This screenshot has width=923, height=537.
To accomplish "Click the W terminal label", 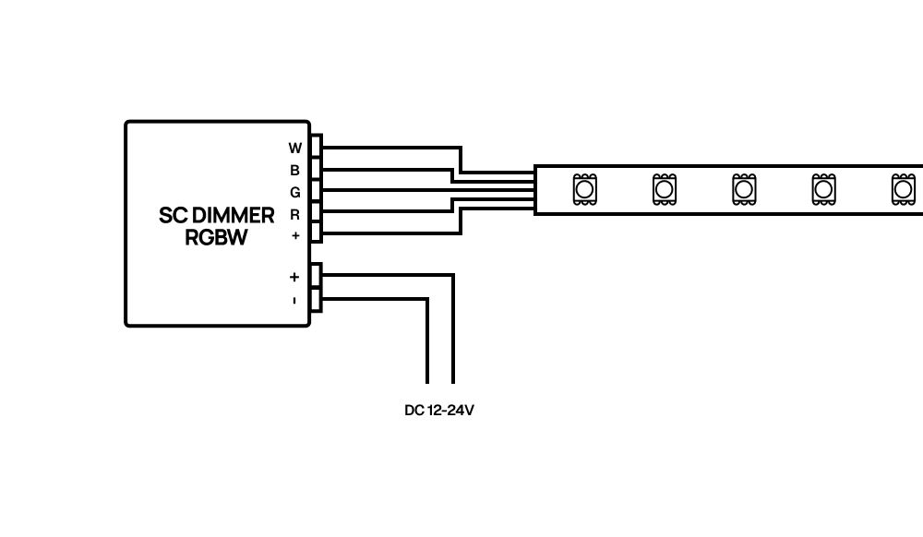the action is point(295,149).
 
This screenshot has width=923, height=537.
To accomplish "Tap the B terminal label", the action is point(295,171).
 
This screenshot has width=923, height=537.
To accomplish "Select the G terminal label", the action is point(295,192).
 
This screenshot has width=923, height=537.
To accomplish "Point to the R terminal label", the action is point(295,215).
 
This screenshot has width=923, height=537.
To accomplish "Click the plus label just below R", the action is point(295,236).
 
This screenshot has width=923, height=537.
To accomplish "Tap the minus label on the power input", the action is point(294,301).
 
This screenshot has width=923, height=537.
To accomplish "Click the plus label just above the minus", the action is point(294,277).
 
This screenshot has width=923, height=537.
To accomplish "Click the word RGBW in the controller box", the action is point(216,238).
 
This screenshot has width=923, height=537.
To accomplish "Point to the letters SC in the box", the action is point(174,216).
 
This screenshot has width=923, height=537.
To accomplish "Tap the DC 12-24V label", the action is point(439,411).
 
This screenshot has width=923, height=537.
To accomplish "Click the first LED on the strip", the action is point(584,189).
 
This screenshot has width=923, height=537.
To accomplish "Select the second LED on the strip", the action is point(664,189).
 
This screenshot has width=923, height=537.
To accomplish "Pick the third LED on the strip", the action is point(744,189).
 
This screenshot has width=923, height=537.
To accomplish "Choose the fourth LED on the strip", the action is point(823,189).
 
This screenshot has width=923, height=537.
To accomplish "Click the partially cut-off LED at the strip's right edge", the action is point(903,189).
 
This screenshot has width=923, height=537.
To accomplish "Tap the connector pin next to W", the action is point(317,147).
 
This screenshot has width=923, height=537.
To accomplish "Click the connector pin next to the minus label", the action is point(316,299).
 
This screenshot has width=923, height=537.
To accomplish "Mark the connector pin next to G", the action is point(317,191).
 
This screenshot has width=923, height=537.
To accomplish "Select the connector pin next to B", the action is point(317,169).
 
